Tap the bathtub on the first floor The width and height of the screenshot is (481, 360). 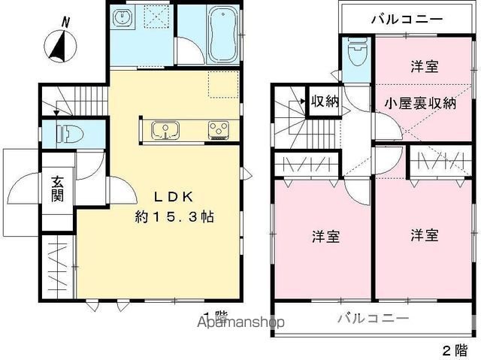[223, 35]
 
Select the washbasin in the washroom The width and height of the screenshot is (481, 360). [123, 17]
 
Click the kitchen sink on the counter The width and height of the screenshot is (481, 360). [165, 130]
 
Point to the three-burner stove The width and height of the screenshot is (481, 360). [219, 130]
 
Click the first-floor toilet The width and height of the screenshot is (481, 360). [70, 133]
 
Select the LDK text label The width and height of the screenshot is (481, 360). [174, 197]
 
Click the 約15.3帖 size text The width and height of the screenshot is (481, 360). [174, 217]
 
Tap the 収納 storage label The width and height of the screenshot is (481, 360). [325, 101]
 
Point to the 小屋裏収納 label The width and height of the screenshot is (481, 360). [421, 104]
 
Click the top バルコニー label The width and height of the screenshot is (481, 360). [407, 20]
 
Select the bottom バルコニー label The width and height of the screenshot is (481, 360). [374, 318]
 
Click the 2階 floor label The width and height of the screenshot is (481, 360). [456, 349]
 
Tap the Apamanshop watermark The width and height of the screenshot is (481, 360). [240, 322]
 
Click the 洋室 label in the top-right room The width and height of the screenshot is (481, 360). [425, 66]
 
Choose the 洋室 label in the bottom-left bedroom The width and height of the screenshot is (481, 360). [325, 237]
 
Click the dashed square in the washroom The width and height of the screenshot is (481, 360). [157, 17]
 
